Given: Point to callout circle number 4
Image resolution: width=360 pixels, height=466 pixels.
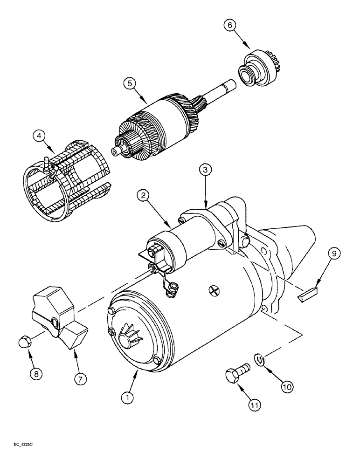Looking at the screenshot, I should [40, 137].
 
